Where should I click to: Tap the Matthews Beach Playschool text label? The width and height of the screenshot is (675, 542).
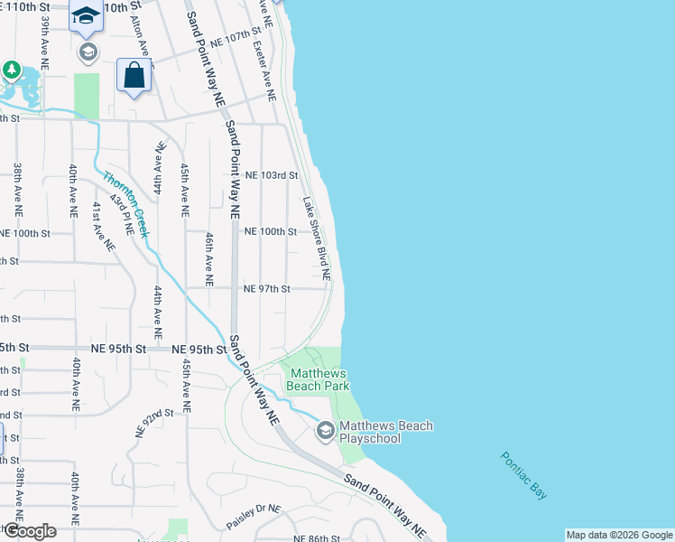[385, 433]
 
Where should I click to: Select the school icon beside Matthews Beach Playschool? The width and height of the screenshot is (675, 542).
[325, 432]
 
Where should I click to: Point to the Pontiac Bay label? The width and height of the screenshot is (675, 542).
[524, 474]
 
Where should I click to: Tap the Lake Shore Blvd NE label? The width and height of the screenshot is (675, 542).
[317, 238]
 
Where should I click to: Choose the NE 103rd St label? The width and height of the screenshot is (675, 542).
[271, 175]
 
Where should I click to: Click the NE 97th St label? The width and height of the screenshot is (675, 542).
[266, 289]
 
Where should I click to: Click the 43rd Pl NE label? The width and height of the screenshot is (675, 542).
[122, 214]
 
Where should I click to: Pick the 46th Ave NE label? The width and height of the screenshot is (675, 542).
[208, 259]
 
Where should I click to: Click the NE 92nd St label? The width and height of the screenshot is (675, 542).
[154, 422]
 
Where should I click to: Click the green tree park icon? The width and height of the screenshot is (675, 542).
[11, 70]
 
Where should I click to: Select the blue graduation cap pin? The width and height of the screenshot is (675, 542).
[87, 15]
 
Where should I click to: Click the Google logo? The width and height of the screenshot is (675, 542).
[29, 531]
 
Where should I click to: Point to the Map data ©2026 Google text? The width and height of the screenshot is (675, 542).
[619, 535]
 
